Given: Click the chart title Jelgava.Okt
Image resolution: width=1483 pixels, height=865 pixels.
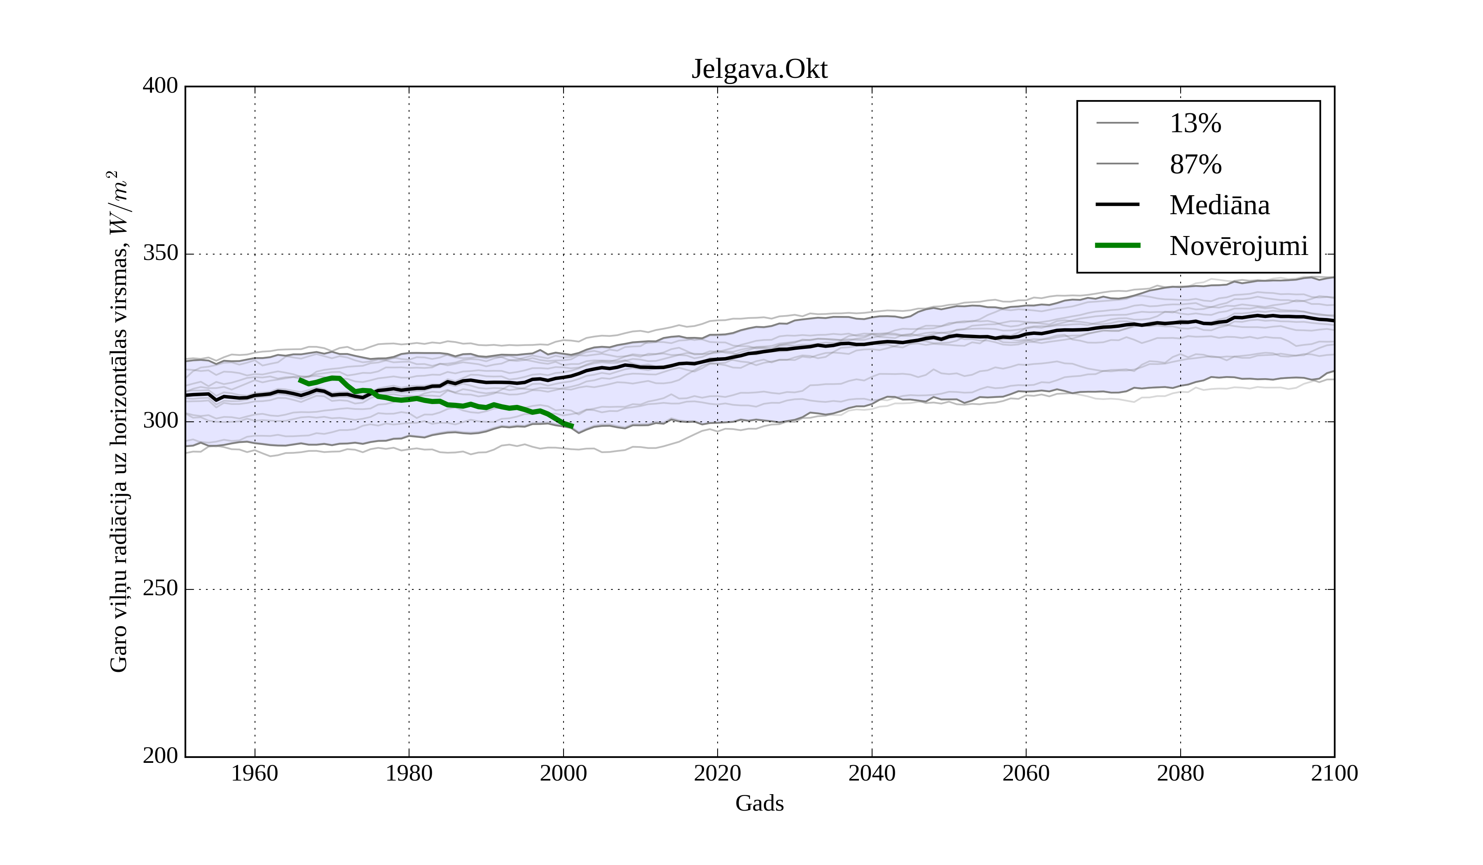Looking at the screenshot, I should tap(759, 70).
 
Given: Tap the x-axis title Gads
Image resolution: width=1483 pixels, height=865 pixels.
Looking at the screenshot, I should tap(759, 803).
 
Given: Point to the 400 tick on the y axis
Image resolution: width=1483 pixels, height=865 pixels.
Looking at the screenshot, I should tap(160, 86).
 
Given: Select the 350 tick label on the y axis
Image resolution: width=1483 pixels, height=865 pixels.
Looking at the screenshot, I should tap(160, 254).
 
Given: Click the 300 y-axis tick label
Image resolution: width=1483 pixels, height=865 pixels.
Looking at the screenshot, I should tap(160, 421).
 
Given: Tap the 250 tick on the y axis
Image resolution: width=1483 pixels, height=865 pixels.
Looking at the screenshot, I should tap(160, 589).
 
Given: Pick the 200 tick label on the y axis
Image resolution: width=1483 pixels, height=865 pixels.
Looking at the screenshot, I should tap(160, 756).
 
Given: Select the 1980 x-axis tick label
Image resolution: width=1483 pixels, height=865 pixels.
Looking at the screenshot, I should tap(409, 773).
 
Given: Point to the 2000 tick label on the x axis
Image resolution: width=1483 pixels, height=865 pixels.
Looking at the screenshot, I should tap(563, 773).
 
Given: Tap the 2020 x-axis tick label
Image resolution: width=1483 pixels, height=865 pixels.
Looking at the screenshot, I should tap(717, 773).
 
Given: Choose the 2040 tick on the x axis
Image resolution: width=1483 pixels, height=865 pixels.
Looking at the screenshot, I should tap(872, 773).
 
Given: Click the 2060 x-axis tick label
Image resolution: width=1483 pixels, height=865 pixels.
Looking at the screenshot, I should tap(1026, 773).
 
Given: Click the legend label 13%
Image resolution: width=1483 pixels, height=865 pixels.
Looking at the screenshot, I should tap(1195, 124).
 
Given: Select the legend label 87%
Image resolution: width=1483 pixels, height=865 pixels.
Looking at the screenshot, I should tap(1195, 164).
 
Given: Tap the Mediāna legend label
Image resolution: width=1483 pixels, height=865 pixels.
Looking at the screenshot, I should tap(1219, 205).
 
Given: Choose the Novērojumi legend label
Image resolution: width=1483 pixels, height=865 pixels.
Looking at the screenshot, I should tap(1238, 246).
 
